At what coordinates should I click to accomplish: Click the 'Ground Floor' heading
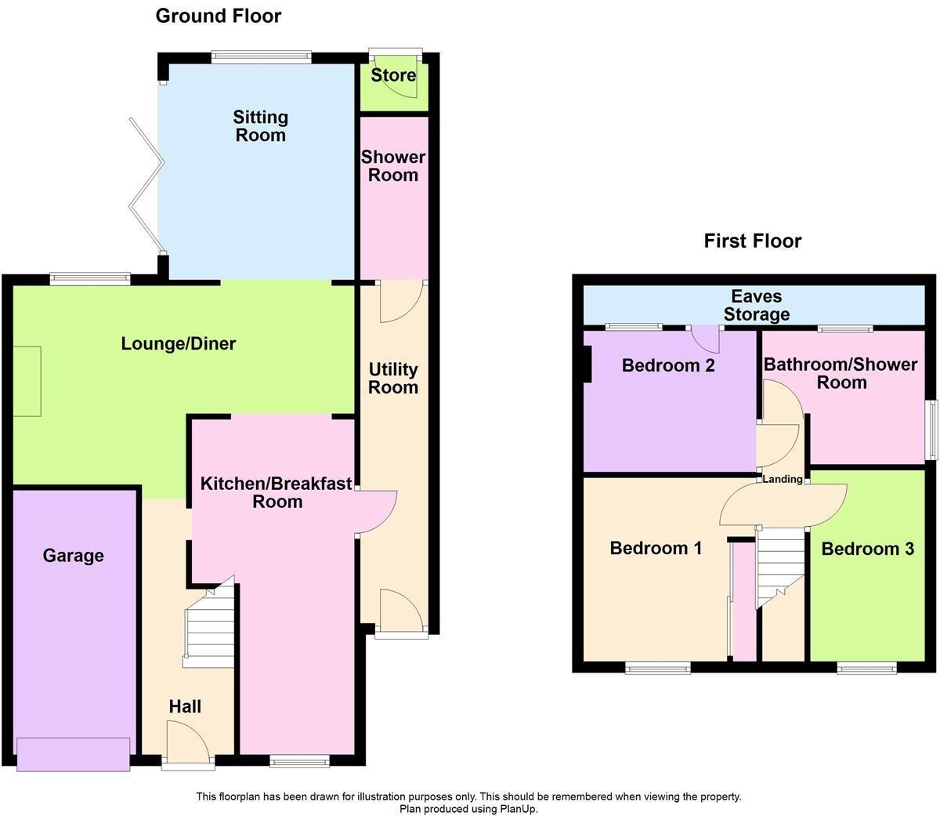click(218, 16)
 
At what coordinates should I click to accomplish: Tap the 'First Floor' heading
click(752, 241)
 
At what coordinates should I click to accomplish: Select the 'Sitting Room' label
click(261, 126)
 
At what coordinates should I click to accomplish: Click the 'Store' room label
click(393, 75)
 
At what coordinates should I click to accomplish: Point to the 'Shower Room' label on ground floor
click(393, 166)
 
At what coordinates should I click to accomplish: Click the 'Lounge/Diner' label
click(179, 343)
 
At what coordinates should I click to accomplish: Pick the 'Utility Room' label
click(393, 379)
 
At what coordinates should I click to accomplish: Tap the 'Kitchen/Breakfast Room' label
click(277, 492)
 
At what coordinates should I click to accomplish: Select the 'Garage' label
click(73, 556)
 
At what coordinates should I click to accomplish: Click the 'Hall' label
click(186, 706)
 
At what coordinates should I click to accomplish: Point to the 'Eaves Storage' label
click(756, 306)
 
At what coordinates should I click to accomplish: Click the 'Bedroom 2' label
click(668, 365)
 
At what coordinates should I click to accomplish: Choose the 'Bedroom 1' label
click(656, 548)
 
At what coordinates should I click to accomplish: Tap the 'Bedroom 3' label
click(867, 549)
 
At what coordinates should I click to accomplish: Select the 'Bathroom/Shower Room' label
click(841, 373)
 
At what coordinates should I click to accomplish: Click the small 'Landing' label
click(783, 479)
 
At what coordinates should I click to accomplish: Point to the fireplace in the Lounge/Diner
click(27, 381)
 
